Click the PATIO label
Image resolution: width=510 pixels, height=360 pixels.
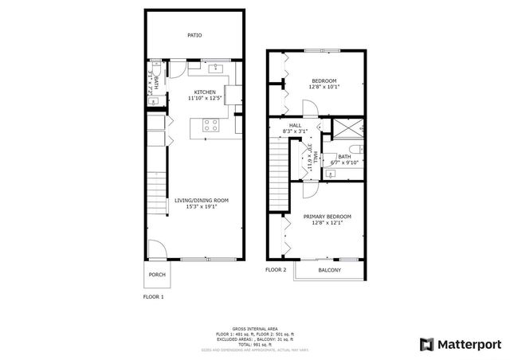(x=194, y=35)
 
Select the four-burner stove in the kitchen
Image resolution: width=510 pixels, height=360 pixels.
(x=211, y=125)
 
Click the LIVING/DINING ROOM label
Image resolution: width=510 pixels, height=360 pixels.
(x=201, y=200)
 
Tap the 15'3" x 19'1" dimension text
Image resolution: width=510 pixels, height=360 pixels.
(x=201, y=207)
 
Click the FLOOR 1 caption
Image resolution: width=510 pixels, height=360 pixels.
(x=152, y=297)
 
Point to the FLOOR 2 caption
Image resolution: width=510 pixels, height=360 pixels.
(x=275, y=270)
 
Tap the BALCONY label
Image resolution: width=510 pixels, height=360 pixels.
(x=329, y=271)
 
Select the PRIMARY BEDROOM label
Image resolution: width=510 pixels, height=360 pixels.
(x=327, y=216)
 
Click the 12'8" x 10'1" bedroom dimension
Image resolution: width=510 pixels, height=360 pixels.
(x=324, y=88)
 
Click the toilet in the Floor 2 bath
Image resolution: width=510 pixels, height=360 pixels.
(x=358, y=149)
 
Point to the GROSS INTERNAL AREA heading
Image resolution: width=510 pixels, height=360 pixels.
(x=254, y=328)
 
